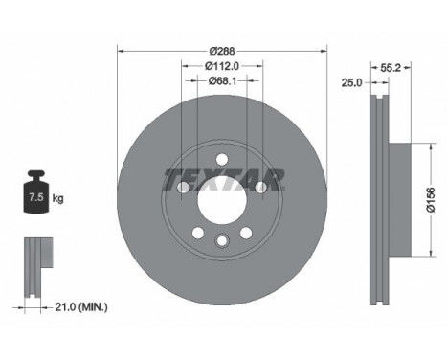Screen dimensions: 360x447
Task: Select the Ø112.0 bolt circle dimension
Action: (222, 65)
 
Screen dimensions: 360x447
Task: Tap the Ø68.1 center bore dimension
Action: (222, 82)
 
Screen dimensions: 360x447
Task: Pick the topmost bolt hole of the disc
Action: (222, 160)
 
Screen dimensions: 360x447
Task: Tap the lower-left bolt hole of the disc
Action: (196, 231)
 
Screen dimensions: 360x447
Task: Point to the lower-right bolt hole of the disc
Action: (248, 231)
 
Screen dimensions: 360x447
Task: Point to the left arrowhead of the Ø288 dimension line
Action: (120, 52)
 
